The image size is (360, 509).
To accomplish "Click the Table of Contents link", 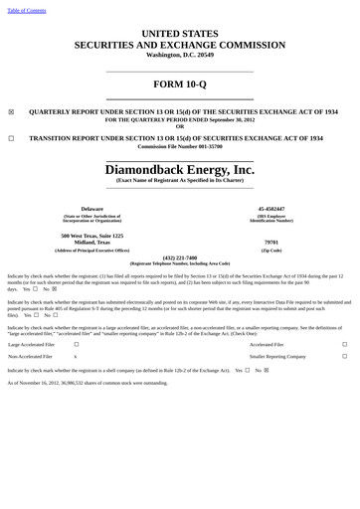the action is tap(27, 10).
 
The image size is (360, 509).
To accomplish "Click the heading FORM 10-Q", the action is tap(179, 83).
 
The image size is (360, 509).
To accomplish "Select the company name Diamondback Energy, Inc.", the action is tap(179, 170).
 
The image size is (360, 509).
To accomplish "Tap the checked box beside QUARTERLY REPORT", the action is tap(11, 112).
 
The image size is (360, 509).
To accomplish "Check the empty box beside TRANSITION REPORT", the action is tap(11, 139).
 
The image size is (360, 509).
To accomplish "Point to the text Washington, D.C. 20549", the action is tap(179, 54).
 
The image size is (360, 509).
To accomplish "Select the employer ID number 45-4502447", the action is tap(270, 209).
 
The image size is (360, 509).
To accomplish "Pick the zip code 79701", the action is tap(270, 242).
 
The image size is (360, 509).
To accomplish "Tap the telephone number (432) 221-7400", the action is tap(179, 256).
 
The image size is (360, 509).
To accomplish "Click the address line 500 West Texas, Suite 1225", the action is tap(90, 236).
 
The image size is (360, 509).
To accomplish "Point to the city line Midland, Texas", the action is tap(90, 242).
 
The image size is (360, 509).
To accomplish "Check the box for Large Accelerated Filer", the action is tap(76, 344).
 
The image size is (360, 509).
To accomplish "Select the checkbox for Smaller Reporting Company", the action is tap(345, 355).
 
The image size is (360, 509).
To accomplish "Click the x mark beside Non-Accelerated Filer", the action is tap(76, 355).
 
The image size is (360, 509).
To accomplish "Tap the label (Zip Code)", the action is tap(270, 250).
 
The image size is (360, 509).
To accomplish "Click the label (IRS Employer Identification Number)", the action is tap(270, 218).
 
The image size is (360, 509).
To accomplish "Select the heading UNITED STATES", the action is tap(179, 34).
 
